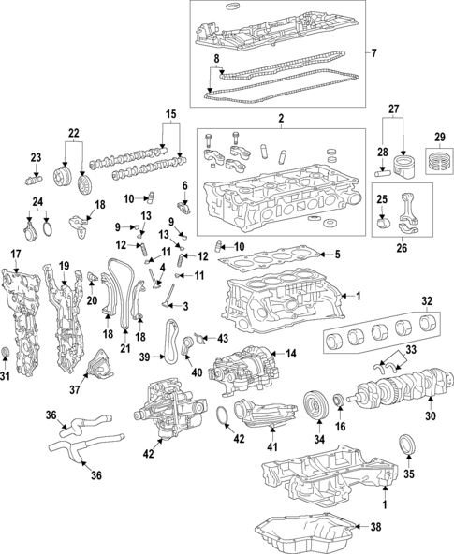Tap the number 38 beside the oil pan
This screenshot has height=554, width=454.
(x=376, y=527)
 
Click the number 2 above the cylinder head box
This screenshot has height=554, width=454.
(x=280, y=119)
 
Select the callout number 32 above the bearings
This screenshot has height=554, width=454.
(x=426, y=301)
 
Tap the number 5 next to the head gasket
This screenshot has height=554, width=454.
(x=338, y=254)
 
